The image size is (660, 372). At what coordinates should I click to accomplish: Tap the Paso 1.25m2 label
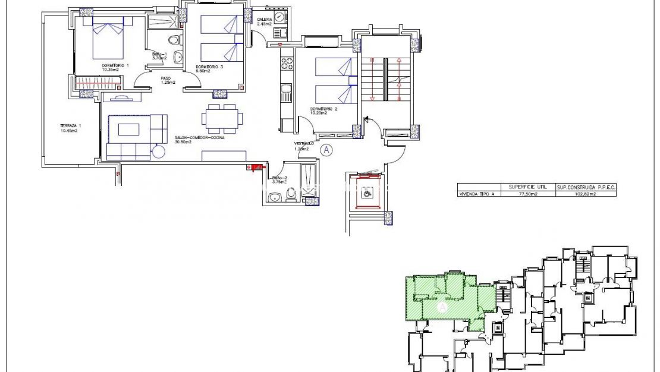click(168, 80)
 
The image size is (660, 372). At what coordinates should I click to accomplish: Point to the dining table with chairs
click(221, 118)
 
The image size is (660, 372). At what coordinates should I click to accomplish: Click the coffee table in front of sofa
click(129, 129)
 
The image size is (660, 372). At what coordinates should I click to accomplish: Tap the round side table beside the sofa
click(159, 151)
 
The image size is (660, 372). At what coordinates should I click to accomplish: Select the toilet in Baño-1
click(174, 40)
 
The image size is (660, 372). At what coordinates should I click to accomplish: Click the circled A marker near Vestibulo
click(326, 150)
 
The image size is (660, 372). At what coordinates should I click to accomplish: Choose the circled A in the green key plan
click(442, 307)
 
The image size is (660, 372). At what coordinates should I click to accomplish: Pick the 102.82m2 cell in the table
click(586, 194)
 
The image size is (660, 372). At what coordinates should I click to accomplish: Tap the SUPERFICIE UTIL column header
click(528, 187)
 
